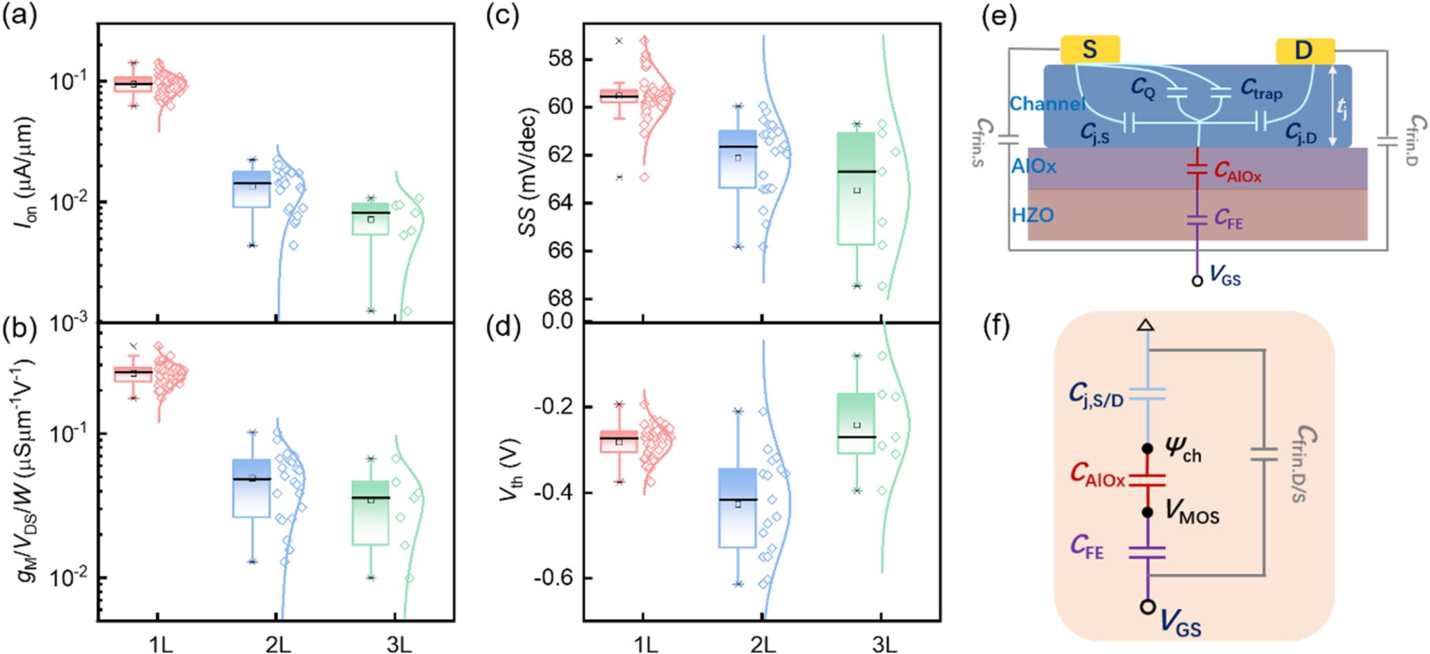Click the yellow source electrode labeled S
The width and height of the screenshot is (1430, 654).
pos(1089,50)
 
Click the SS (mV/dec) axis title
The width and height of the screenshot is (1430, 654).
pos(528,172)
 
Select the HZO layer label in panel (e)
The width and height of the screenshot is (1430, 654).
pos(1033,215)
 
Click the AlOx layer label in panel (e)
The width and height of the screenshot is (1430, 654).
pos(1033,166)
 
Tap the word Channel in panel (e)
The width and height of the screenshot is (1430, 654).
pos(1047,104)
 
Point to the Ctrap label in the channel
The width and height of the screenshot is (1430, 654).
pos(1261,90)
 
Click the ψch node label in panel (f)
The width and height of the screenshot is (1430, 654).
pos(1183,450)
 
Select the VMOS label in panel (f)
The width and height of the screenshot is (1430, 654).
pos(1192,513)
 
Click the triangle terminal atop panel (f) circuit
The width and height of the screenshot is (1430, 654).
pos(1146,325)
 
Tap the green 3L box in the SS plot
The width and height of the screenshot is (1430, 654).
pos(857,188)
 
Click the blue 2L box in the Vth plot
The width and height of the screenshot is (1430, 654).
pos(738,508)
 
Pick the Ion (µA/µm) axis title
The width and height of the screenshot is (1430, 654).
pos(25,172)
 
